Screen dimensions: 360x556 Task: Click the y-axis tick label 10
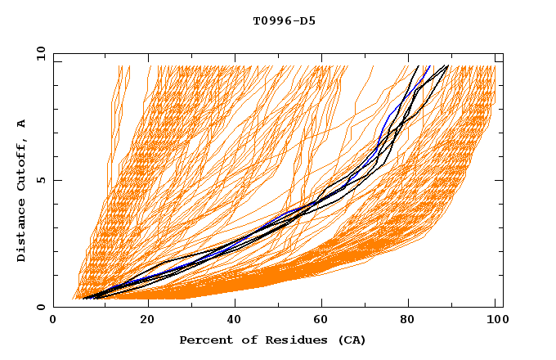(x=41, y=53)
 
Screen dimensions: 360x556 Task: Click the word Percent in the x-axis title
(x=204, y=340)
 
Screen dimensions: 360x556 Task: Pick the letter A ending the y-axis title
(x=21, y=124)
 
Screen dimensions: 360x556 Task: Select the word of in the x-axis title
(x=247, y=340)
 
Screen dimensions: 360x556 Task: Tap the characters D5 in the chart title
(x=309, y=21)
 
